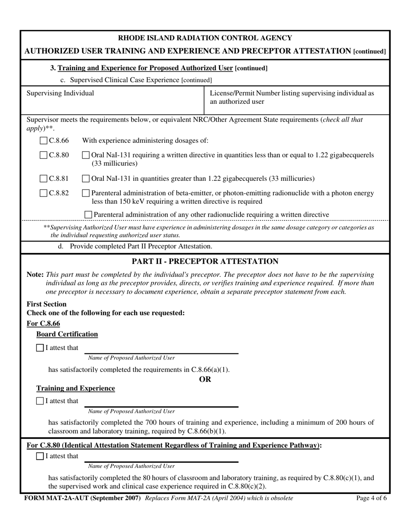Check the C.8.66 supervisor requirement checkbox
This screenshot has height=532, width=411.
coord(44,140)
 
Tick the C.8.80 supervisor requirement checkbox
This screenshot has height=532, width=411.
coord(44,155)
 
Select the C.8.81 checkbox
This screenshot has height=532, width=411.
coord(44,178)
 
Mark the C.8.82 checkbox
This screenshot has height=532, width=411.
coord(44,193)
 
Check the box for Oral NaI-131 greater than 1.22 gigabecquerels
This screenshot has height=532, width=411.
coord(86,178)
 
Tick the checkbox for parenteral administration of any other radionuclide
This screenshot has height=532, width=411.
coord(88,215)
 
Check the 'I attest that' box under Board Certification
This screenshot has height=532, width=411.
coord(40,348)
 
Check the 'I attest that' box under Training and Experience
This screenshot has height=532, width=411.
coord(40,401)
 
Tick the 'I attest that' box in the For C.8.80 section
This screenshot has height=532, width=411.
coord(40,456)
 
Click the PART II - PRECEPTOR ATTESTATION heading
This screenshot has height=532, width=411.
coord(205,261)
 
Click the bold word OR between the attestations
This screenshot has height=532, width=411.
coord(205,379)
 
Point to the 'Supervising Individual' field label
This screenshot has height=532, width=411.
coord(60,93)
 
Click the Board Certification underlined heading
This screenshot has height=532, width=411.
coord(67,334)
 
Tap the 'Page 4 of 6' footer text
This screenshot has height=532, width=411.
coord(371,498)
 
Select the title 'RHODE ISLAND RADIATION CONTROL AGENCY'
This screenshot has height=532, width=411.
coord(205,38)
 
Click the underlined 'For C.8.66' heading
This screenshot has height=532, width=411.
coord(43,324)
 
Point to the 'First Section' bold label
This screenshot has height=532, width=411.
coord(47,304)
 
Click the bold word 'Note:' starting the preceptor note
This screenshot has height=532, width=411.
coord(35,275)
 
